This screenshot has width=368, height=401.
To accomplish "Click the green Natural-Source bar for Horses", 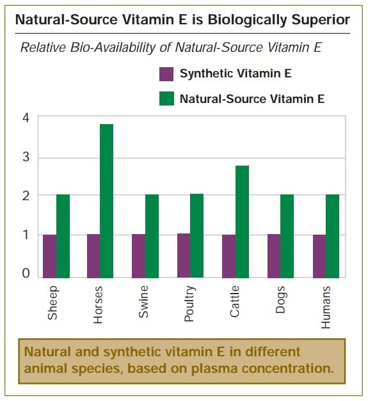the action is pyautogui.click(x=107, y=201).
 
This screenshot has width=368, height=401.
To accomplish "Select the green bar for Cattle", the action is pyautogui.click(x=242, y=222).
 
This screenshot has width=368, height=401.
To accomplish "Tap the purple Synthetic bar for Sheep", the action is pyautogui.click(x=50, y=256).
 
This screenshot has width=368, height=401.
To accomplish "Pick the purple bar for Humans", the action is pyautogui.click(x=319, y=256).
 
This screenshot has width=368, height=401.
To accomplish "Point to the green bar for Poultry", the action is pyautogui.click(x=196, y=236).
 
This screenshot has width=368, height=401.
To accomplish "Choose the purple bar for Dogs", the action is pyautogui.click(x=274, y=256).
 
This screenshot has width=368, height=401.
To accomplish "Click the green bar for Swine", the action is pyautogui.click(x=152, y=236).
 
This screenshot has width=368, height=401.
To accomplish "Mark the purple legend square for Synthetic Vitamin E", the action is pyautogui.click(x=166, y=74).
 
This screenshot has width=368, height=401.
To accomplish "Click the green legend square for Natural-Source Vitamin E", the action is pyautogui.click(x=166, y=98).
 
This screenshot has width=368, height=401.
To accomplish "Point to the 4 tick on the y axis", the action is pyautogui.click(x=26, y=118).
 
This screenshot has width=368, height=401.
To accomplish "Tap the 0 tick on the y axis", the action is pyautogui.click(x=26, y=273).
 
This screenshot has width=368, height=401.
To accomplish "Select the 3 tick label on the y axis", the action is pyautogui.click(x=26, y=157).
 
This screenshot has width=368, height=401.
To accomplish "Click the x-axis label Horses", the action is pyautogui.click(x=98, y=305).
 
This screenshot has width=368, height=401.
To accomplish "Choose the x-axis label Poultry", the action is pyautogui.click(x=189, y=304).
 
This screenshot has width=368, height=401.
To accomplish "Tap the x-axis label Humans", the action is pyautogui.click(x=326, y=307).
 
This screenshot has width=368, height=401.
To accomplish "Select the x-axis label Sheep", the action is pyautogui.click(x=52, y=303).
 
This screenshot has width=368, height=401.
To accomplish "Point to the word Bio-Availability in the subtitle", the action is pyautogui.click(x=113, y=47).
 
